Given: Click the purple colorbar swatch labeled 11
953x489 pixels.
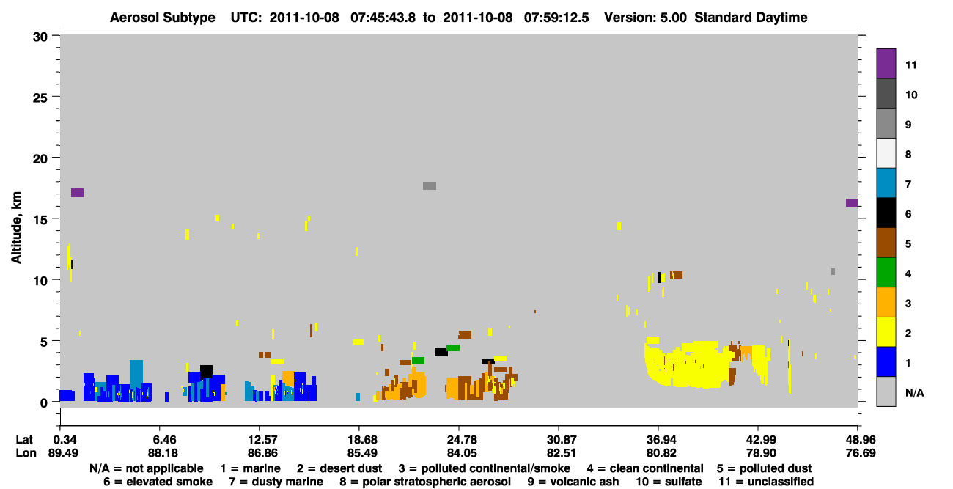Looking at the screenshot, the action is pyautogui.click(x=886, y=64).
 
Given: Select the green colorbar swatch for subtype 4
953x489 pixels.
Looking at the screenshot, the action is pyautogui.click(x=886, y=273).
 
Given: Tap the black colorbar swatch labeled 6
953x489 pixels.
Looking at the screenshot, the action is pyautogui.click(x=886, y=213).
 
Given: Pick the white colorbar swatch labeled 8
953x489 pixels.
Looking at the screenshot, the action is pyautogui.click(x=886, y=153).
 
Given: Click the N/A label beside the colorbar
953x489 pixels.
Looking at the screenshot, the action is pyautogui.click(x=914, y=392).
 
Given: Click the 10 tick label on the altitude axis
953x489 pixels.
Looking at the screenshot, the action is pyautogui.click(x=40, y=281).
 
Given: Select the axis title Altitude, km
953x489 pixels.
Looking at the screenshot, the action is pyautogui.click(x=15, y=228).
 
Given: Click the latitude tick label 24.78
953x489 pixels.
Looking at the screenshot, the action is pyautogui.click(x=462, y=439).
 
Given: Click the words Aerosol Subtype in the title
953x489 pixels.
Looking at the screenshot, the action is pyautogui.click(x=163, y=18).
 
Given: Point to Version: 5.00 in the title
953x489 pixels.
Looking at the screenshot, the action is pyautogui.click(x=645, y=18).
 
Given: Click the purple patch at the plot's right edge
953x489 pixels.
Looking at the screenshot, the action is pyautogui.click(x=852, y=202).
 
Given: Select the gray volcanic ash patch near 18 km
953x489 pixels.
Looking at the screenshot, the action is pyautogui.click(x=430, y=186).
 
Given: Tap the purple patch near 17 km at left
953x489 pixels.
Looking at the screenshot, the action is pyautogui.click(x=77, y=193).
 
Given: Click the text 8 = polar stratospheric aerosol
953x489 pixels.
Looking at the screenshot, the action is pyautogui.click(x=425, y=482).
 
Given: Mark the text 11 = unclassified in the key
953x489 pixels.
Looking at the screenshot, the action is pyautogui.click(x=766, y=482).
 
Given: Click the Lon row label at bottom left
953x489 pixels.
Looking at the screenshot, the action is pyautogui.click(x=26, y=453).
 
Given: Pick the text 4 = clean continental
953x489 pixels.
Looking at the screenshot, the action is pyautogui.click(x=645, y=468).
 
